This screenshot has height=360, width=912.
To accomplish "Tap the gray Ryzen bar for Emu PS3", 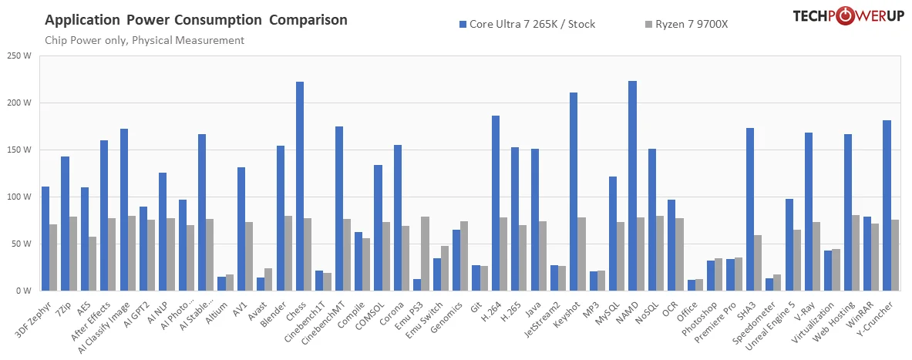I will (x=425, y=254).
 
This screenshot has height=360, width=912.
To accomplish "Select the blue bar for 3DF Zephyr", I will (x=45, y=238).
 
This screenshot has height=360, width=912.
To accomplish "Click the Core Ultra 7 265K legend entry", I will (x=527, y=24).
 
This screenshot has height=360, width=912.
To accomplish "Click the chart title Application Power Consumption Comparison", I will (x=196, y=19).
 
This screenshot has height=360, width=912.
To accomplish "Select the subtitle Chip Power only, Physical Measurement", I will (x=145, y=40).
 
